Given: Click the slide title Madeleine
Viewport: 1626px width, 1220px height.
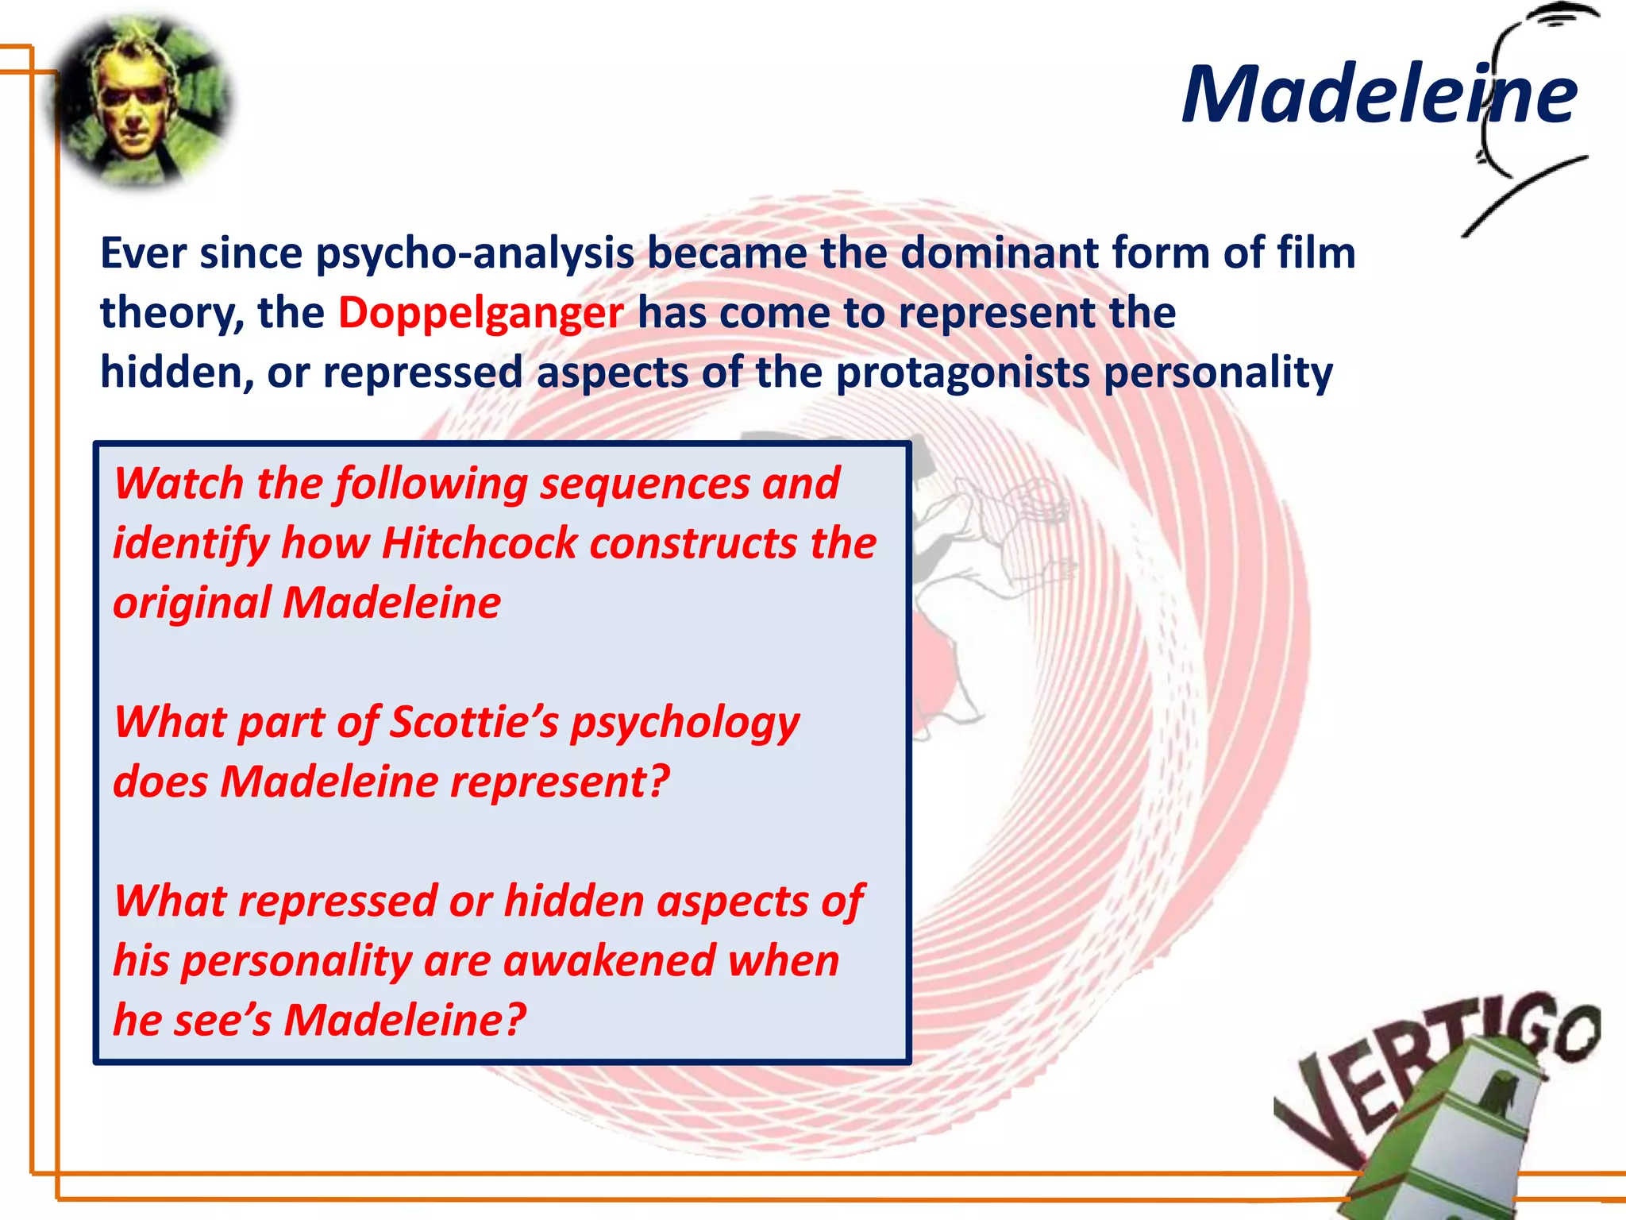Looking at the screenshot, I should [x=1379, y=95].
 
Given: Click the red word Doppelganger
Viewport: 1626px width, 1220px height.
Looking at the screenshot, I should [x=480, y=313].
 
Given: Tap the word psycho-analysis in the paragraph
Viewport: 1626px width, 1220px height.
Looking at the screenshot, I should [x=475, y=254].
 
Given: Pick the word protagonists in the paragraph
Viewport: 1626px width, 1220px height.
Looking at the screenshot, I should [x=962, y=373].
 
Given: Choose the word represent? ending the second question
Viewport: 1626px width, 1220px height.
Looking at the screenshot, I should [x=560, y=782].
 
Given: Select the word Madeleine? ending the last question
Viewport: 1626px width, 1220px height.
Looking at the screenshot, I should [x=405, y=1021].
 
